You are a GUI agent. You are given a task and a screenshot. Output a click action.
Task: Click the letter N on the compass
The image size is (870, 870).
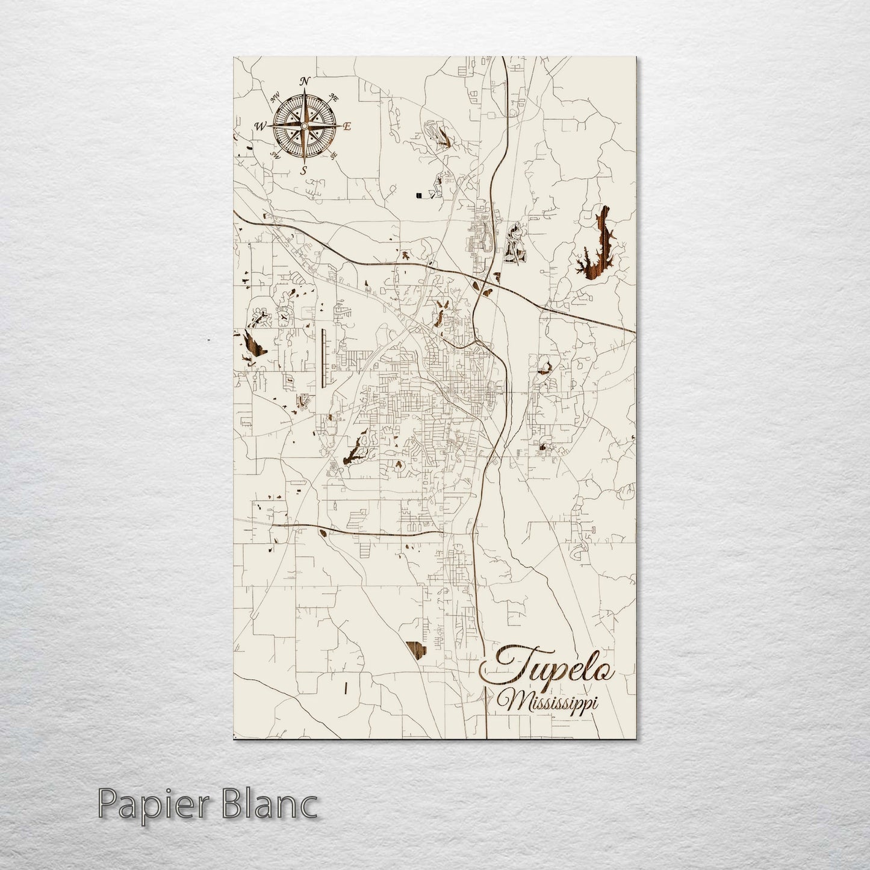click(x=305, y=81)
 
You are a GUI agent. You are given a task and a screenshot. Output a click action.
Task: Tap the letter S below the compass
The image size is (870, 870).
click(x=304, y=170)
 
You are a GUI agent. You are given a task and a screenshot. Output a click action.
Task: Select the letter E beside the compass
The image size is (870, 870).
click(x=347, y=126)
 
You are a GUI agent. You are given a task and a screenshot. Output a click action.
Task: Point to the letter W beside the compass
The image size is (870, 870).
click(x=261, y=126)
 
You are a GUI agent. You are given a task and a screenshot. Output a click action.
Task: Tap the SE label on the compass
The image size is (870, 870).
click(x=334, y=155)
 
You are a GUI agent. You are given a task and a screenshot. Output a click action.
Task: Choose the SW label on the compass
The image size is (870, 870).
click(x=276, y=155)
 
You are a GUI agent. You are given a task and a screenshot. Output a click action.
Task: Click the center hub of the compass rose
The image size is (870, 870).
click(x=304, y=125)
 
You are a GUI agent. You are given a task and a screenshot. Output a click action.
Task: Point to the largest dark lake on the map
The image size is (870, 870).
click(x=598, y=247)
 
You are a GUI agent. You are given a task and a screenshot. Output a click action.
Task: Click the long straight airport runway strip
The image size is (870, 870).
click(x=323, y=358)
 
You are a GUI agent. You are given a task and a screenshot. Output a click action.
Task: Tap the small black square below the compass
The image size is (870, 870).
click(x=418, y=194)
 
